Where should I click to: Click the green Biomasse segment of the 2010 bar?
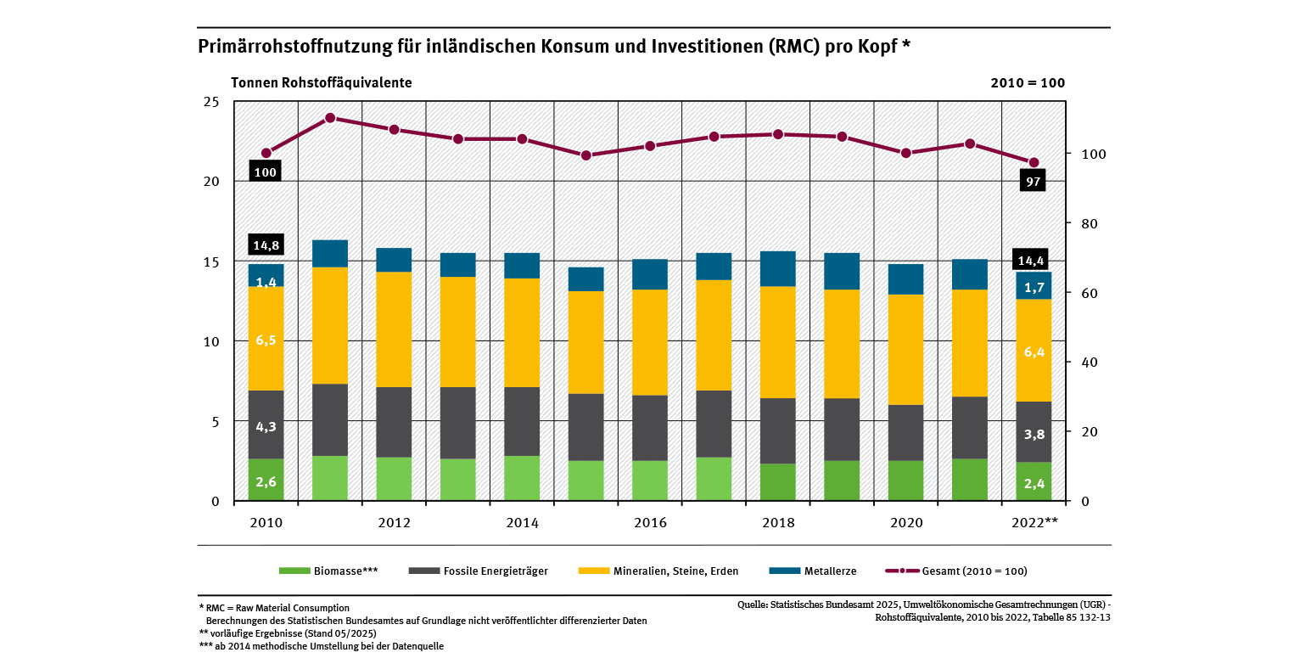coord(266,480)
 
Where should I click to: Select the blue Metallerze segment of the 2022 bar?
coord(1034,286)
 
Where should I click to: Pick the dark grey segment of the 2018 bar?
coord(778,430)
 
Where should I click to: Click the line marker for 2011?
coord(330,118)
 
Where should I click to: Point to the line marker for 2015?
coord(586,155)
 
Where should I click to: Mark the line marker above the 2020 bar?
coord(905,153)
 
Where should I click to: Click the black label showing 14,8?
coord(266,245)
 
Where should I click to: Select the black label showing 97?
coord(1034,181)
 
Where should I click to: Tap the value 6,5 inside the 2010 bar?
coord(266,340)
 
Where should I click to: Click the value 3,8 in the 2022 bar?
coord(1034,435)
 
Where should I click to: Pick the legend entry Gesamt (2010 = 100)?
coord(961,571)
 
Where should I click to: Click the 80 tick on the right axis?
coord(1084,223)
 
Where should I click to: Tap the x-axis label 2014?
coord(523,523)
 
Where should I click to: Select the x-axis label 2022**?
coord(1034,523)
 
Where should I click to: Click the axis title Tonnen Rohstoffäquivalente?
coord(322,83)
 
